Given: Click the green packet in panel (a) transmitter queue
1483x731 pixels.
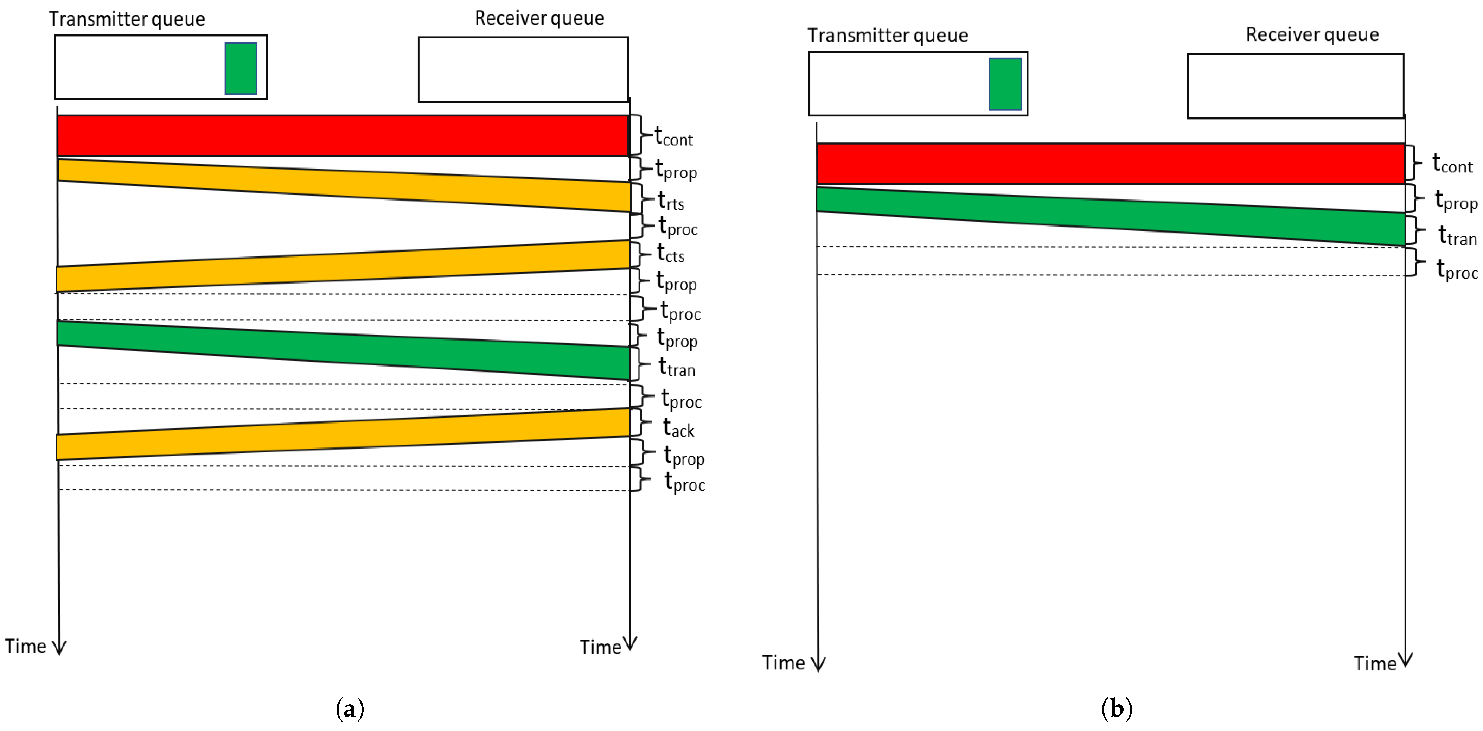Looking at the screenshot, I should (241, 68).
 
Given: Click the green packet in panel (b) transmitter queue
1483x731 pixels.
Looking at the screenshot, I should (1005, 84).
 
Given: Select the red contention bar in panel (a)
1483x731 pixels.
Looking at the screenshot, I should (343, 135).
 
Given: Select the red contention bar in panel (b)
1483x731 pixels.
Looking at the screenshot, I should (1110, 164).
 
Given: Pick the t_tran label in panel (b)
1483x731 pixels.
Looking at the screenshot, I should (1457, 236).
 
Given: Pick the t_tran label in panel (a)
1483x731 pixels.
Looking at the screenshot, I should (677, 367).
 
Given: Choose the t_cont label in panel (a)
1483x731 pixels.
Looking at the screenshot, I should (673, 137).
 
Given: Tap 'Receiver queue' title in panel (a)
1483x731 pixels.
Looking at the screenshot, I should (539, 18).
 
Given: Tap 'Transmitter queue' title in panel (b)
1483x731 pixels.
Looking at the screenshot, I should (887, 36).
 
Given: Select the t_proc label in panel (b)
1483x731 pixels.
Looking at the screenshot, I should (1457, 269).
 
